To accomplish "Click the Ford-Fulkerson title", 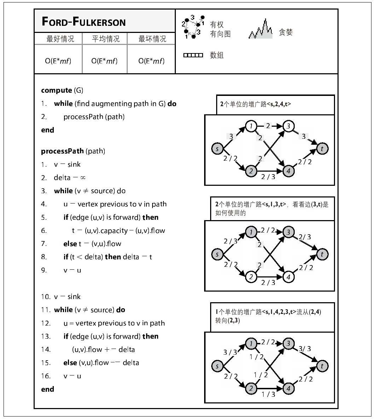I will [x=83, y=22].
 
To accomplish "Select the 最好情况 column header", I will [x=60, y=39].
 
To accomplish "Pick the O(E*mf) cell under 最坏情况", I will [x=151, y=61].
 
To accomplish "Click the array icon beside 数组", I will [x=193, y=55].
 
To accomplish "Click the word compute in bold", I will [x=57, y=90].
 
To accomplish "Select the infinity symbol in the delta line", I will [x=83, y=178].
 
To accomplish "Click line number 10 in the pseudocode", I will [x=46, y=297].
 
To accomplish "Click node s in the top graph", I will [x=217, y=149].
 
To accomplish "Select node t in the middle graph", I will [x=322, y=254].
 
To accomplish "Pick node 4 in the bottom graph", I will [x=289, y=389].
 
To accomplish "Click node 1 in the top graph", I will [x=251, y=126].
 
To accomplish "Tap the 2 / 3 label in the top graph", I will [x=268, y=177].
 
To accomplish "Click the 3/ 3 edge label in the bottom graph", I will [x=305, y=349].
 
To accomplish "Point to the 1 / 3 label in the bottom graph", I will [x=268, y=394].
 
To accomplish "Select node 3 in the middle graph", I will [x=289, y=232].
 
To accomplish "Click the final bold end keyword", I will [x=47, y=389].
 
